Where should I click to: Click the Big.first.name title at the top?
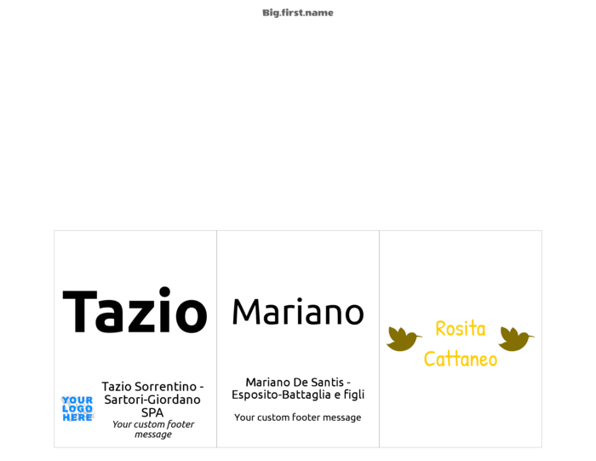[298, 13]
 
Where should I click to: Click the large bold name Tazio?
[135, 310]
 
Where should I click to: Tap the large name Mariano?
[298, 312]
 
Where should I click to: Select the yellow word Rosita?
[461, 329]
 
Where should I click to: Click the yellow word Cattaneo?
[461, 359]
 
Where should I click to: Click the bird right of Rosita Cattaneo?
[516, 338]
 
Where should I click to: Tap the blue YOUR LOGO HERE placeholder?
[77, 409]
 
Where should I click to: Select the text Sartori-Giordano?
[152, 400]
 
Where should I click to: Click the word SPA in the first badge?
[152, 412]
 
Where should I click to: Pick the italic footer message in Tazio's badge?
[153, 429]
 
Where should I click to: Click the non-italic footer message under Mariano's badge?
[298, 418]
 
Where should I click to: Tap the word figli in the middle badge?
[354, 395]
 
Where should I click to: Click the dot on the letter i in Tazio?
[164, 292]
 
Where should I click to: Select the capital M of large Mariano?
[245, 312]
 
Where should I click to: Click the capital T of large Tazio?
[80, 312]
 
